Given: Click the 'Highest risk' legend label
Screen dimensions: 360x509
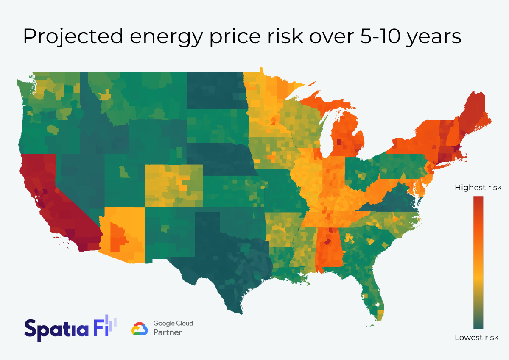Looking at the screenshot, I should [x=478, y=187].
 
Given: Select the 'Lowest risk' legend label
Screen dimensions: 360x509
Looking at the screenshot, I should [x=476, y=338].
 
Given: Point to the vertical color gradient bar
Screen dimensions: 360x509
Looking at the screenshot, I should [x=478, y=263].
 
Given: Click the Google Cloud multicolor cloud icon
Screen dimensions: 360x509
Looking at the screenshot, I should [x=140, y=329].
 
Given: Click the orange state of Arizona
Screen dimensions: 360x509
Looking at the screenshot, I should [x=123, y=233].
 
